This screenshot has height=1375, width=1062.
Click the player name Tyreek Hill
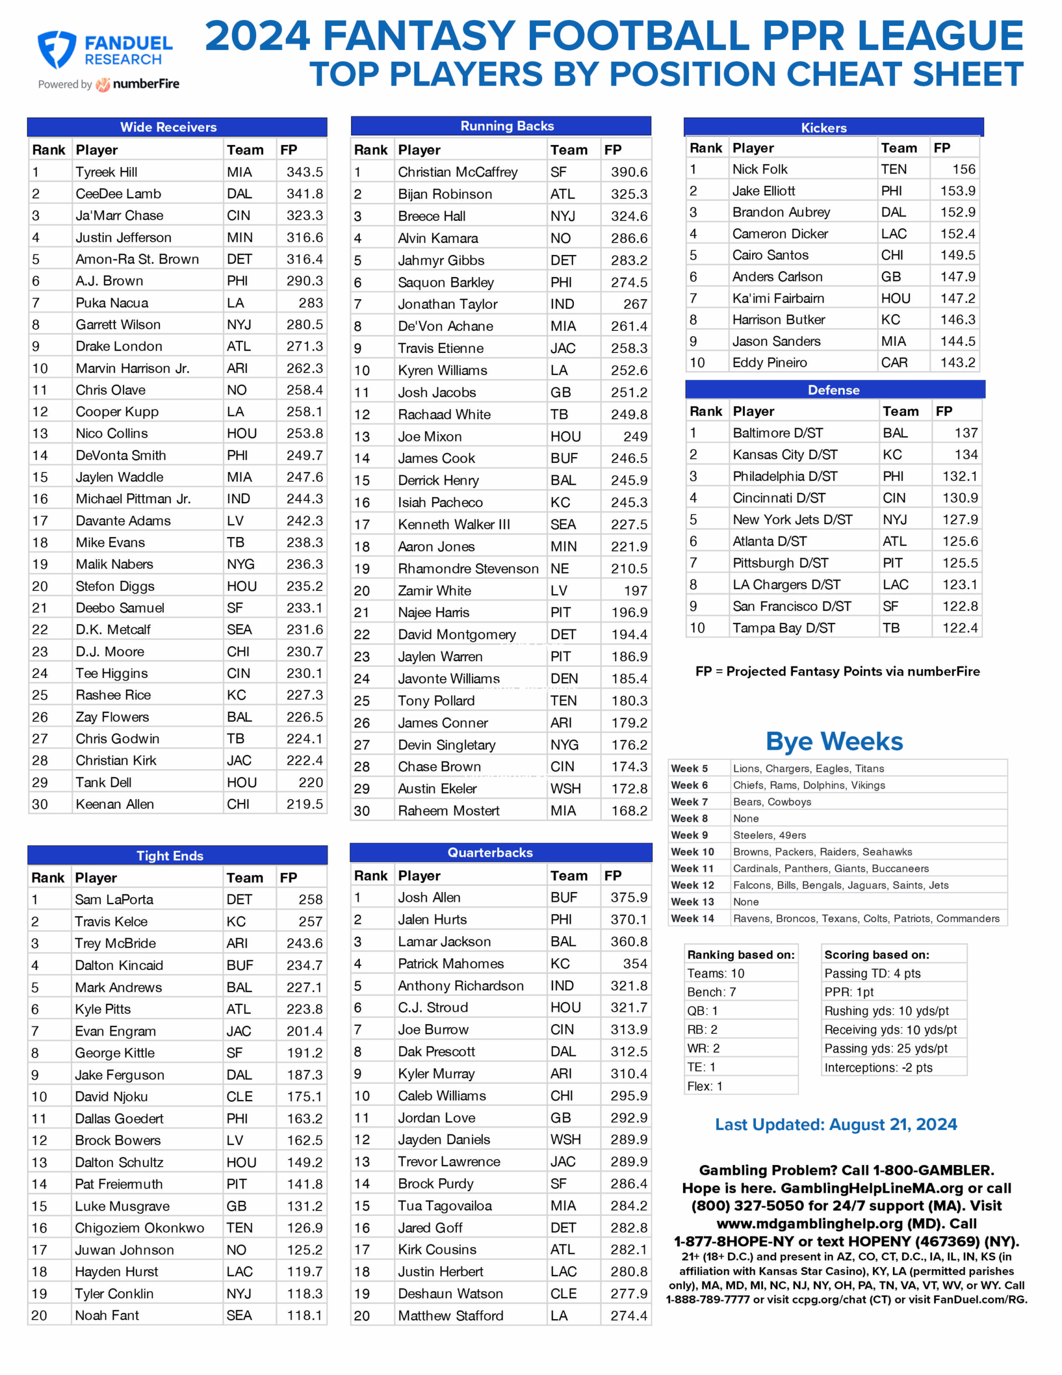click(x=106, y=172)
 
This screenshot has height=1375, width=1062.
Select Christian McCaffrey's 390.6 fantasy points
click(x=628, y=172)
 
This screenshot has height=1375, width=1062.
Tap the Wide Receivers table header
click(x=168, y=127)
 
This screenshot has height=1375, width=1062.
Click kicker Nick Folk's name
click(x=760, y=169)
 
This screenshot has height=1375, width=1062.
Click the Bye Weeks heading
click(x=834, y=741)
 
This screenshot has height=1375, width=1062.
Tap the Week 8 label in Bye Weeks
click(x=689, y=819)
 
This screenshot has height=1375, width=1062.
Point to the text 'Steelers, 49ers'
click(x=769, y=835)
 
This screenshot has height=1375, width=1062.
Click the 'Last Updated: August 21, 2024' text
click(x=835, y=1124)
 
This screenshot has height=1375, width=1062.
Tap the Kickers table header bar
click(x=824, y=128)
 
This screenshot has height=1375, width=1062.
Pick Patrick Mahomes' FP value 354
click(x=635, y=963)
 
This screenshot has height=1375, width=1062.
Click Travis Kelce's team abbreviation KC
click(x=236, y=921)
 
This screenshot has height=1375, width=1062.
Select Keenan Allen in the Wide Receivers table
click(x=114, y=804)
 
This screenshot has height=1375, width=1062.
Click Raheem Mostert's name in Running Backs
click(x=448, y=810)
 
